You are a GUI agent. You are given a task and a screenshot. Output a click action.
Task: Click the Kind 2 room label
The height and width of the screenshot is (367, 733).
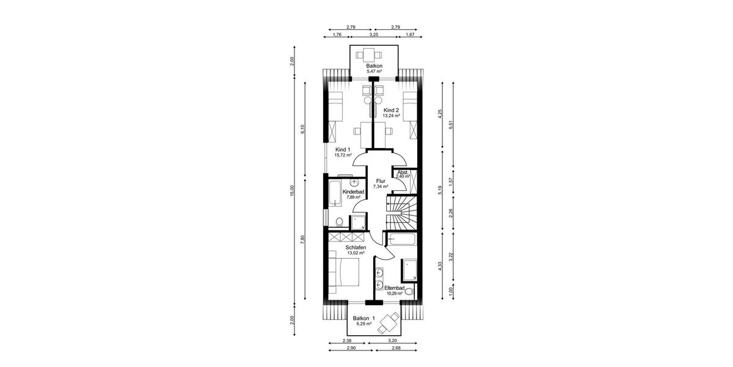[391, 109]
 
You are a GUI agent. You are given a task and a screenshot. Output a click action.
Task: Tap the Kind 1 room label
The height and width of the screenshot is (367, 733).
[343, 149]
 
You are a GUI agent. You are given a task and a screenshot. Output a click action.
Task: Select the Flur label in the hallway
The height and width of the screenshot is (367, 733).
[381, 181]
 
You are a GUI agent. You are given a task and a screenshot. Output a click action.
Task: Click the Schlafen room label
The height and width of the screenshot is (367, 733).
[355, 247]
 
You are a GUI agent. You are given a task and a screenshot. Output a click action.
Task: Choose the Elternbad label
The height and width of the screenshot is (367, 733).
[393, 287]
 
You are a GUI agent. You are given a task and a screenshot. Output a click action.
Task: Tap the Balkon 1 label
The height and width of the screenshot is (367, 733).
[364, 318]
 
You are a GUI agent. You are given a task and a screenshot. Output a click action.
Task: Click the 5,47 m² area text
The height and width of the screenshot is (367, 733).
[374, 72]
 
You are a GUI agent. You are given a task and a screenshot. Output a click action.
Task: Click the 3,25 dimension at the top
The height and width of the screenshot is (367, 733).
[373, 35]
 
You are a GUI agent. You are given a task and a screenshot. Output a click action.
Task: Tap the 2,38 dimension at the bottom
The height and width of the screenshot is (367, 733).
[347, 341]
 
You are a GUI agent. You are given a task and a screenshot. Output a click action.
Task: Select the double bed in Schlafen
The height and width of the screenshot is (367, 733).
[345, 269]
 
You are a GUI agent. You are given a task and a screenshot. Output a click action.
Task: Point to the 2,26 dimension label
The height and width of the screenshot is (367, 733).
[451, 213]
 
